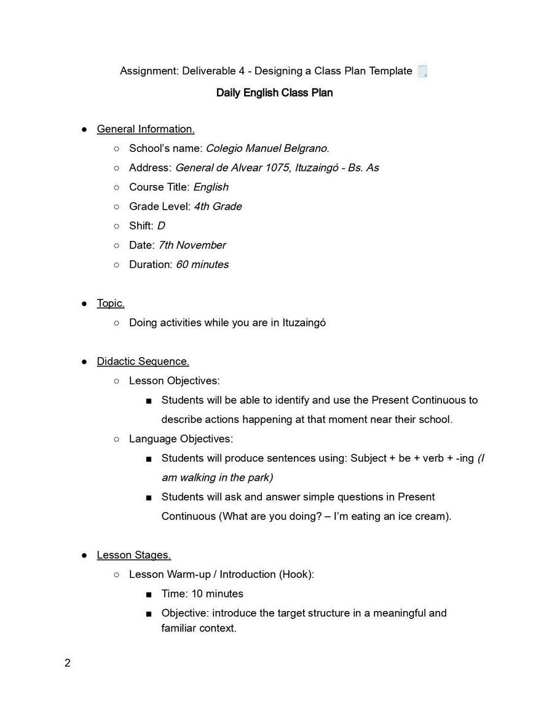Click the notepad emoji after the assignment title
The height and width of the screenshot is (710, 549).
pos(422,71)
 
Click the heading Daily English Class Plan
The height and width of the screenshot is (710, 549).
pos(274,93)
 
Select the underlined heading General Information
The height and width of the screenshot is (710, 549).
pos(146,129)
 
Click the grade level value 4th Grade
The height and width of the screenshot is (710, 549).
pos(218,207)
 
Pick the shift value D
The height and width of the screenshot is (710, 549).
pos(161,226)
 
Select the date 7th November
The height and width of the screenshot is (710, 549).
pos(192,245)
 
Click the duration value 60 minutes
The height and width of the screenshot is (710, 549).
pos(202,264)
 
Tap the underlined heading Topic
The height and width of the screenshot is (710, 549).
pos(111,303)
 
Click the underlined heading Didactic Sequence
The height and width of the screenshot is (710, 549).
pos(143,361)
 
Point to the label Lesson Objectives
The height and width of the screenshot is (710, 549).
pos(174,381)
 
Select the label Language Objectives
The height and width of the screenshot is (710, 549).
pos(181,439)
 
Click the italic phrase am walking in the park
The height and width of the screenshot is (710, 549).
pos(217,478)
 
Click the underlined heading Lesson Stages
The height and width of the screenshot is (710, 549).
pos(133,555)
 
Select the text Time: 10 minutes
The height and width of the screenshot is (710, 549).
pos(202,594)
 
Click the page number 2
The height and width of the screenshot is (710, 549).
pos(68,663)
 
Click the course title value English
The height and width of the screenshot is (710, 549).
pos(211,187)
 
